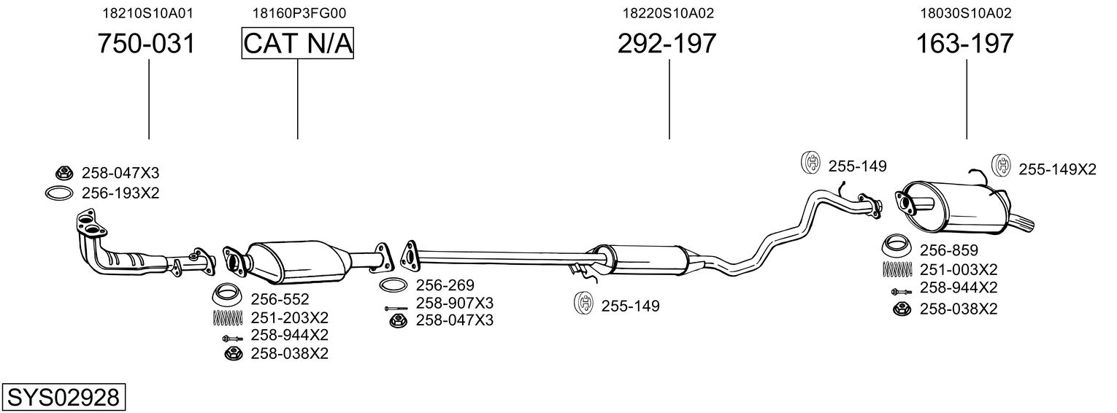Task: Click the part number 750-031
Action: (x=147, y=44)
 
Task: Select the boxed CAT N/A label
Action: (x=297, y=44)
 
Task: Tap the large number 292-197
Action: (x=667, y=44)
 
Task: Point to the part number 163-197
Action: (x=965, y=44)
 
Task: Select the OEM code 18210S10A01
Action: (x=148, y=12)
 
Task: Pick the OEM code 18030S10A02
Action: (x=965, y=12)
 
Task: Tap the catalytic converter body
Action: (x=296, y=260)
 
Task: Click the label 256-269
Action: (x=445, y=285)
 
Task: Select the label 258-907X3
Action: (x=454, y=302)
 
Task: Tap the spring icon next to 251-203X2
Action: (x=227, y=318)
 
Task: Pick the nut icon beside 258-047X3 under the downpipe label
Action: (x=64, y=173)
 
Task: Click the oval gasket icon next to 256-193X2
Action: (x=59, y=193)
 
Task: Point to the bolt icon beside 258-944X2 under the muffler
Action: (x=899, y=291)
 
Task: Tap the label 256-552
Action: (x=280, y=299)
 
